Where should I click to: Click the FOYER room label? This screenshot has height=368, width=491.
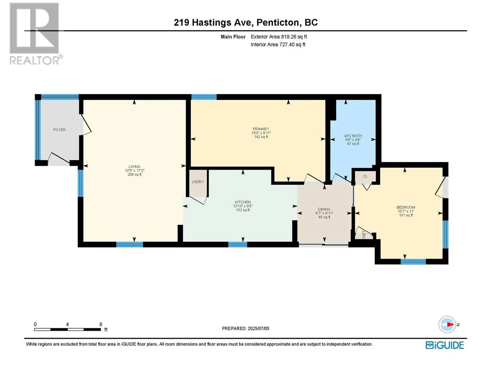(x=59, y=130)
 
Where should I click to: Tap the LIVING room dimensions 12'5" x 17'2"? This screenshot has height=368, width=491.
(x=135, y=170)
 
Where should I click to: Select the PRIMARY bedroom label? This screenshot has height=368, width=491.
(x=261, y=129)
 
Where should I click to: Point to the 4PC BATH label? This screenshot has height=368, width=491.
(x=353, y=136)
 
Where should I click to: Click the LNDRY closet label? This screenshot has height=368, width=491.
(x=198, y=182)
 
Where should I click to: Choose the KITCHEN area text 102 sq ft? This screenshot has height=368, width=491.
(x=243, y=210)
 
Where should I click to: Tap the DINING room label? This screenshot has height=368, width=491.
(x=324, y=209)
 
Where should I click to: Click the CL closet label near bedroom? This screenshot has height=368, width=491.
(x=365, y=176)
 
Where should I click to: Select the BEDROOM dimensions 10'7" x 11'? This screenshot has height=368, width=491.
(x=406, y=211)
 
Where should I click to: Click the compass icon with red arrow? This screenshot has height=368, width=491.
(x=447, y=325)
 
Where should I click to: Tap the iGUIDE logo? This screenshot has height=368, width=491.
(x=444, y=345)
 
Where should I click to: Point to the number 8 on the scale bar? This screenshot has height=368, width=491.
(x=101, y=324)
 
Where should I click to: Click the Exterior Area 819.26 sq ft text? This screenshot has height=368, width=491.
(x=279, y=37)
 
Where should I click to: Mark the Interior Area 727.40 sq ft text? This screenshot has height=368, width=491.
(x=278, y=44)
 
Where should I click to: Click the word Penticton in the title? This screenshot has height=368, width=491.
(x=277, y=22)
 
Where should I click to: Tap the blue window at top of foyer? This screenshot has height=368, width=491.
(x=60, y=97)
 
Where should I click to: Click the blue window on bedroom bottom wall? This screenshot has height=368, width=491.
(x=413, y=261)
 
